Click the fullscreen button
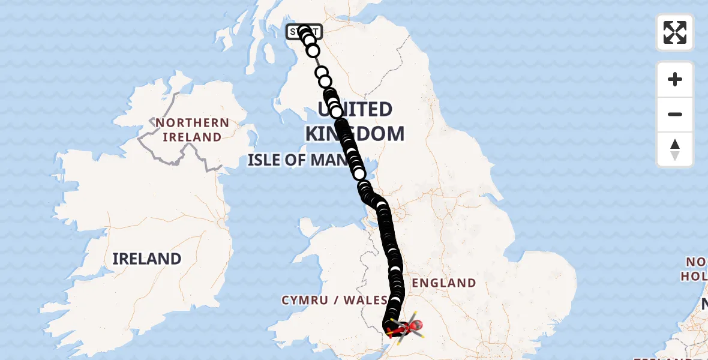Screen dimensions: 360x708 [x=675, y=32]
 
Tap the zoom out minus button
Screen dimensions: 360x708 [x=675, y=114]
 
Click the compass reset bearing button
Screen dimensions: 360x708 [x=675, y=149]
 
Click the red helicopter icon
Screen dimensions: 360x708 [x=407, y=328]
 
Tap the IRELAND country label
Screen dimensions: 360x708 [x=147, y=259]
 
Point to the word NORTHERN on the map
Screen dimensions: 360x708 [x=192, y=123]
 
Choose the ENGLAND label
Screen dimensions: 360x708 [x=444, y=283]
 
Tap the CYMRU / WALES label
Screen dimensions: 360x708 [x=335, y=300]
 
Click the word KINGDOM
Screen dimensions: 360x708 [x=354, y=134]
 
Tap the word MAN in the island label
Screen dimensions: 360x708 [x=331, y=160]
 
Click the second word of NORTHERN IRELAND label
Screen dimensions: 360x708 [x=192, y=137]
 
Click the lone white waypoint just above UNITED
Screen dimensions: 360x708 [x=324, y=81]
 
